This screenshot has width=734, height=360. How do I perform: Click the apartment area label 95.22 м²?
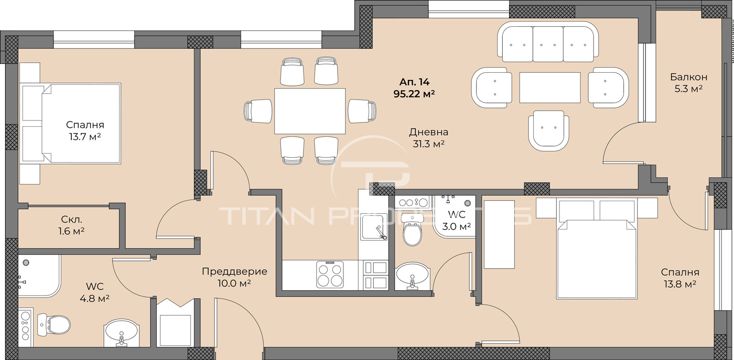point(414,94)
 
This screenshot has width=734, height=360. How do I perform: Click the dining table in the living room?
point(310,111)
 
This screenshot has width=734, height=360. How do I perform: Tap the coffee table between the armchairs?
point(549,88)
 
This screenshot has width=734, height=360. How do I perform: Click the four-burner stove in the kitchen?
point(330,274)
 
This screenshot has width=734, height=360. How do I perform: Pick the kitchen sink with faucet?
point(373,230)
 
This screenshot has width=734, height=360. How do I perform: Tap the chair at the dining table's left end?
point(258,111)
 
